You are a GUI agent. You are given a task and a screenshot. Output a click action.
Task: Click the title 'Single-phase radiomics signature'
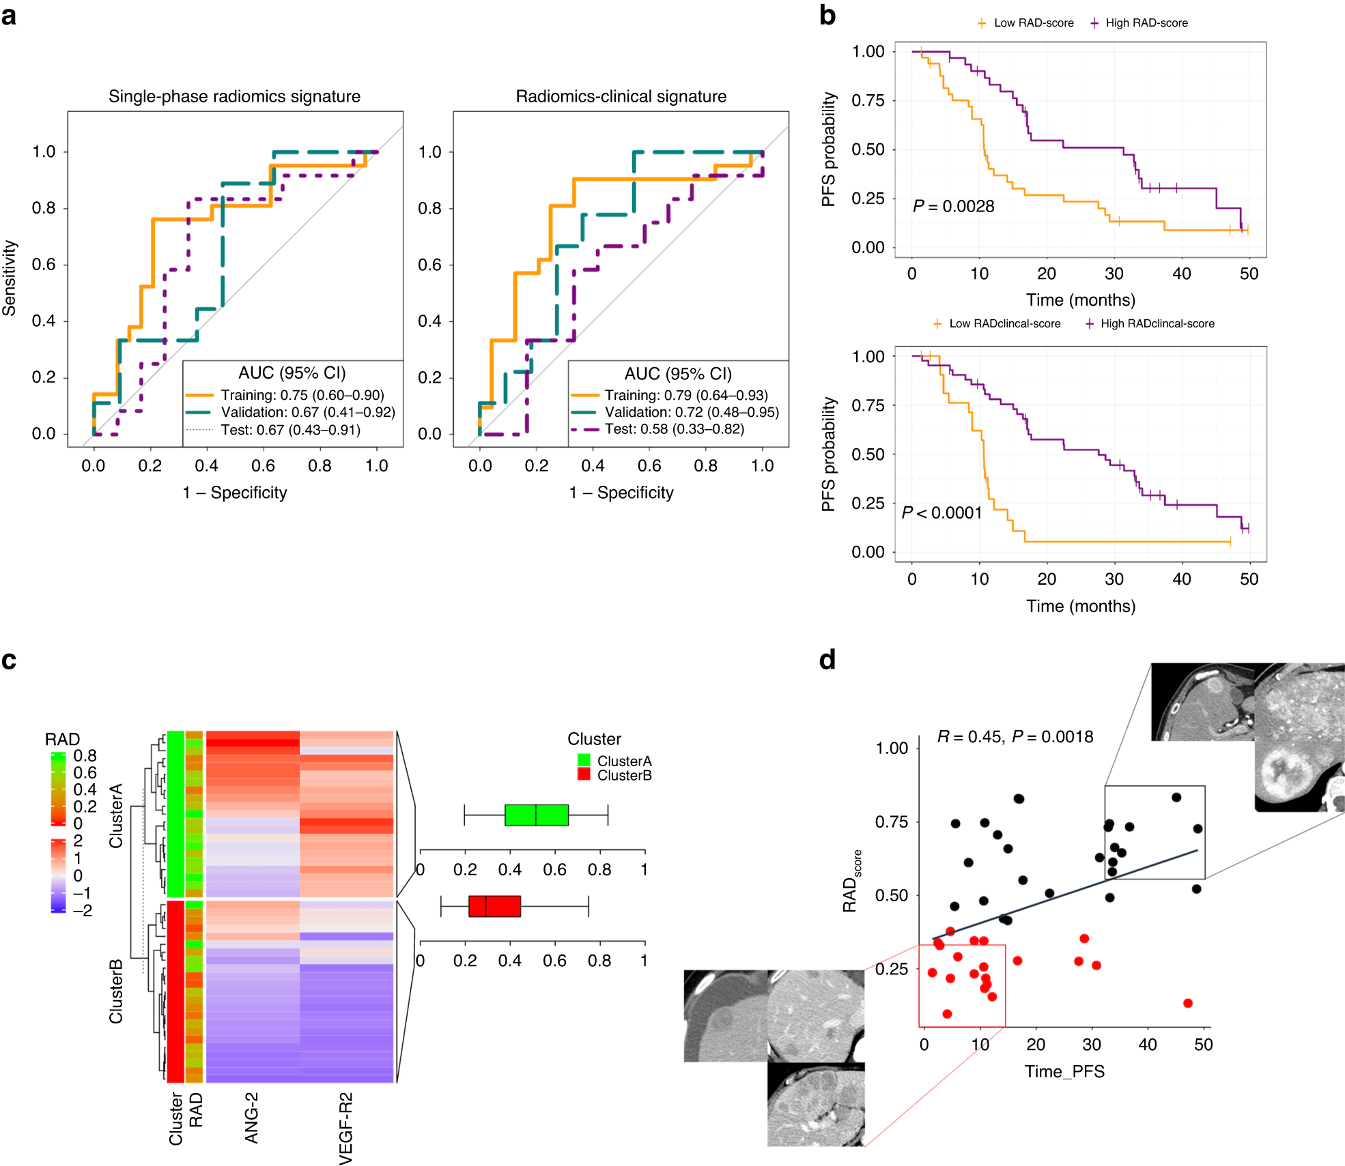coord(234,96)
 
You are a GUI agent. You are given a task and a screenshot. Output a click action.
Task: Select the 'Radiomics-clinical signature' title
coord(621,96)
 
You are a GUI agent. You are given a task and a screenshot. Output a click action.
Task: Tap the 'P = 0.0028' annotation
coord(953,206)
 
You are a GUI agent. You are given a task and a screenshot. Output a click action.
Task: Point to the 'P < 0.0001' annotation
coord(941,512)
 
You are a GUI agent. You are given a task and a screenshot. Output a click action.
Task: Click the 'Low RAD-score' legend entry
coord(1033,23)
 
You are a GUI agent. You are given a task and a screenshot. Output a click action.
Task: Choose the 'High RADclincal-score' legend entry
coord(1157,323)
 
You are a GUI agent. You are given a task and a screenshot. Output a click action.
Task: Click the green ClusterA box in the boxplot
coord(536,815)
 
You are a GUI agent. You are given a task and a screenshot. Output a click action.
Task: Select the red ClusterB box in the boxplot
coord(494,906)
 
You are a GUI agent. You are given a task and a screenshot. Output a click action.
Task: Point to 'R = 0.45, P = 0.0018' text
coord(1015,737)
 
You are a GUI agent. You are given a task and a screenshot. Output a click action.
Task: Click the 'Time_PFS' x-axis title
coord(1064,1071)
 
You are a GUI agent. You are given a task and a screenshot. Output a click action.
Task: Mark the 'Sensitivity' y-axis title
coord(10,278)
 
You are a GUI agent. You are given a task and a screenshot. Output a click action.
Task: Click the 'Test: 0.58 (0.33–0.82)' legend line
coord(674,428)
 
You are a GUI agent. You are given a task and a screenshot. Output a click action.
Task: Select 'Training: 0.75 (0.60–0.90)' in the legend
coord(302,395)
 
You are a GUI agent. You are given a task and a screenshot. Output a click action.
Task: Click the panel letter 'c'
coord(9,660)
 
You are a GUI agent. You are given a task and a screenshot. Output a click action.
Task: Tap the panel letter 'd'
coord(827,660)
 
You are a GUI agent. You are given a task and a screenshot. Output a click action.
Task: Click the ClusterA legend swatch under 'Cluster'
coord(584,760)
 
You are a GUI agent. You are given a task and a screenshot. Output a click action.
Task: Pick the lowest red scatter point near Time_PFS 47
coord(1188,1003)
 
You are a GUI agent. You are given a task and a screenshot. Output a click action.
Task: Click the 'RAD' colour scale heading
coord(62,739)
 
